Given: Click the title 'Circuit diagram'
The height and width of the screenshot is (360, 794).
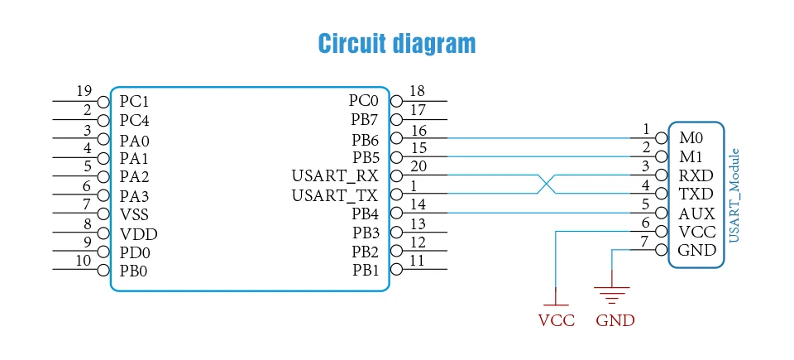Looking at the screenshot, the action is coord(397,44).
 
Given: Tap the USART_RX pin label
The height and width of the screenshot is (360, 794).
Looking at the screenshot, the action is coord(335,176).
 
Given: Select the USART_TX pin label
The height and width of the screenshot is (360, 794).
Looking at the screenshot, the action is coord(335,195).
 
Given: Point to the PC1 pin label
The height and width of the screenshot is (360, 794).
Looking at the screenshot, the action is coord(134,102).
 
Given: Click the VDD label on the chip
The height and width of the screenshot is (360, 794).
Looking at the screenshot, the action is coord(138,234).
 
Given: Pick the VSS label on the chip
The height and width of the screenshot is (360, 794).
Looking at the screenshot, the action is coord(134,214).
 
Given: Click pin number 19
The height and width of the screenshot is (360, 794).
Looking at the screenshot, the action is coord(84,91).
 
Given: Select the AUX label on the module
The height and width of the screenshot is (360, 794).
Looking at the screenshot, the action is coord(696,214).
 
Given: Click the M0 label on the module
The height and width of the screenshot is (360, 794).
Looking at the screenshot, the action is coord(691,137).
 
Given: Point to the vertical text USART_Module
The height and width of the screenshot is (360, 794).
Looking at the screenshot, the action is coord(734,195).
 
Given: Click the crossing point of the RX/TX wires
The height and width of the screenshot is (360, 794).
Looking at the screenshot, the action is coord(546,185).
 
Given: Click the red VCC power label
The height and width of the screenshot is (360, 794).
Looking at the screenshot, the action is coord(556,320).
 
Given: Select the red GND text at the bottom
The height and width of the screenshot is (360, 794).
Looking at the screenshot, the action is coord(615,320).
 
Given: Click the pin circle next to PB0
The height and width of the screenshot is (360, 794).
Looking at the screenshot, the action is coord(103,270).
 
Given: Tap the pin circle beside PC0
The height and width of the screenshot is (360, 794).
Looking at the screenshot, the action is coord(396,102).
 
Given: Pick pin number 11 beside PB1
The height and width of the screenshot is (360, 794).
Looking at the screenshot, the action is coord(417,260).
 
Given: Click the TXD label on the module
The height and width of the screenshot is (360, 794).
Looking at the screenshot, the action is coord(696,194).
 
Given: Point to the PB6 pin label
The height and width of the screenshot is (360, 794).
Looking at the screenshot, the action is coord(366,139).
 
